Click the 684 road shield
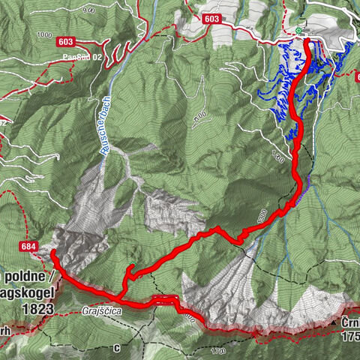[x=28, y=247]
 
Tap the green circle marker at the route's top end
[x=298, y=31]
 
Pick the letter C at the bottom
[x=116, y=349]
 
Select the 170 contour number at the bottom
[x=218, y=350]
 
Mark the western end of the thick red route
[x=53, y=254]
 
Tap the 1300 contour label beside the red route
[x=262, y=217]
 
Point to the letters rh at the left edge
[x=4, y=330]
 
